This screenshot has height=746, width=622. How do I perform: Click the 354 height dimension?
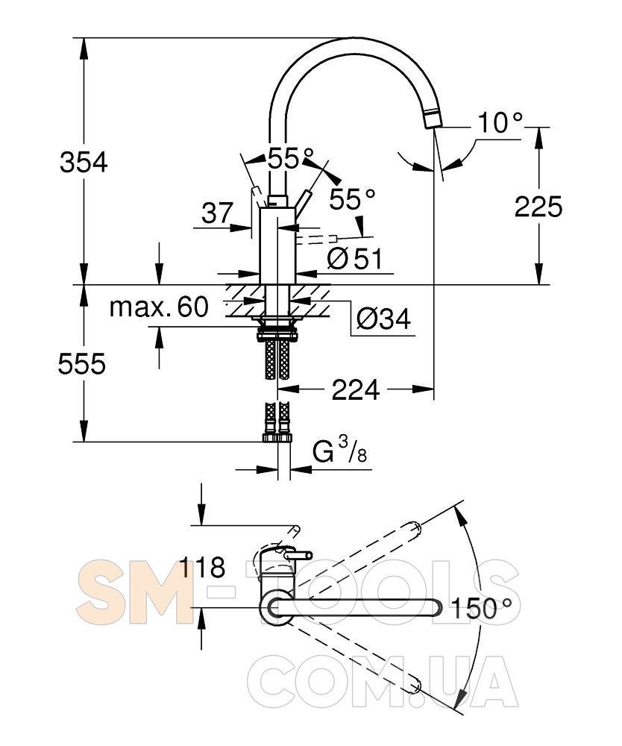coord(84,162)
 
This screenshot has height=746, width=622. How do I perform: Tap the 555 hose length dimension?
coord(82,365)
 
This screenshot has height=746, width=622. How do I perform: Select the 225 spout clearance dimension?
coord(538,207)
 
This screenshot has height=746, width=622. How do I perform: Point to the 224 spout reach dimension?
coord(356,389)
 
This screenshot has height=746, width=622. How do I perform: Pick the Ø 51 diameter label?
coord(355,259)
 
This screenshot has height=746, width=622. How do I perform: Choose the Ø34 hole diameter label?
coord(383,319)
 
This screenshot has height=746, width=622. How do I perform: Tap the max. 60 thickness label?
coord(159,307)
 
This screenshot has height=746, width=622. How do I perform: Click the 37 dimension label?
coord(217,213)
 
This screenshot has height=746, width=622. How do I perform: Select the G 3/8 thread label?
coord(339,451)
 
